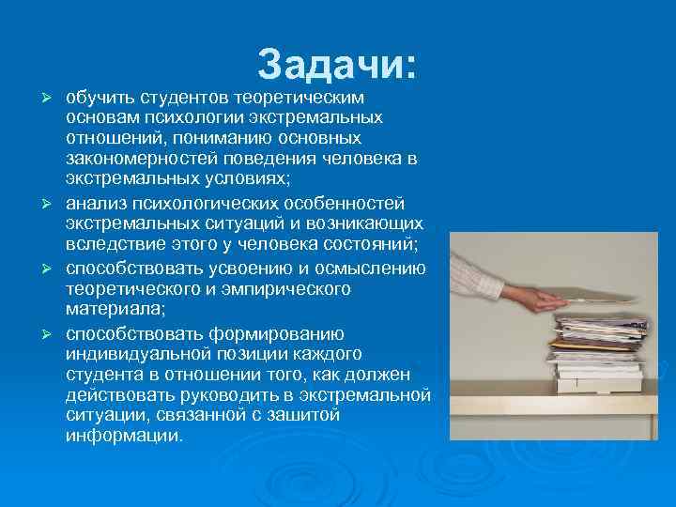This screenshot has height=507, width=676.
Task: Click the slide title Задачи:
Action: (x=337, y=66)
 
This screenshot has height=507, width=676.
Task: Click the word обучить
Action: (x=100, y=98)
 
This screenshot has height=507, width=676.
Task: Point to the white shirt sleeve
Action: (x=478, y=269)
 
